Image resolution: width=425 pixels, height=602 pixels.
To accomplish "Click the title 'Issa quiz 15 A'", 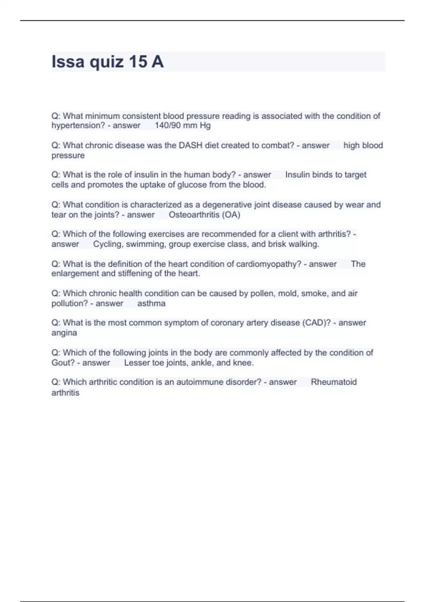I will (x=108, y=62).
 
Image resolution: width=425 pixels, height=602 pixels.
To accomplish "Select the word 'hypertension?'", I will (x=78, y=125).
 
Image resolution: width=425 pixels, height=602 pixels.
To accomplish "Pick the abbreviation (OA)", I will (x=231, y=215).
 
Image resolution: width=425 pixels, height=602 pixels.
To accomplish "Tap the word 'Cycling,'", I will (x=108, y=244).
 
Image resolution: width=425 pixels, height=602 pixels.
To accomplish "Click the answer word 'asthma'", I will (x=151, y=303).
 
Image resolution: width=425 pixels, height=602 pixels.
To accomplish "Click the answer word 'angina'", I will (x=64, y=333).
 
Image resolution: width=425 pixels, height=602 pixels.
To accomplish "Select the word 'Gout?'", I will (x=63, y=363).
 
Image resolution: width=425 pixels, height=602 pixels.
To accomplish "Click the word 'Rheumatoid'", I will (x=334, y=382).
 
